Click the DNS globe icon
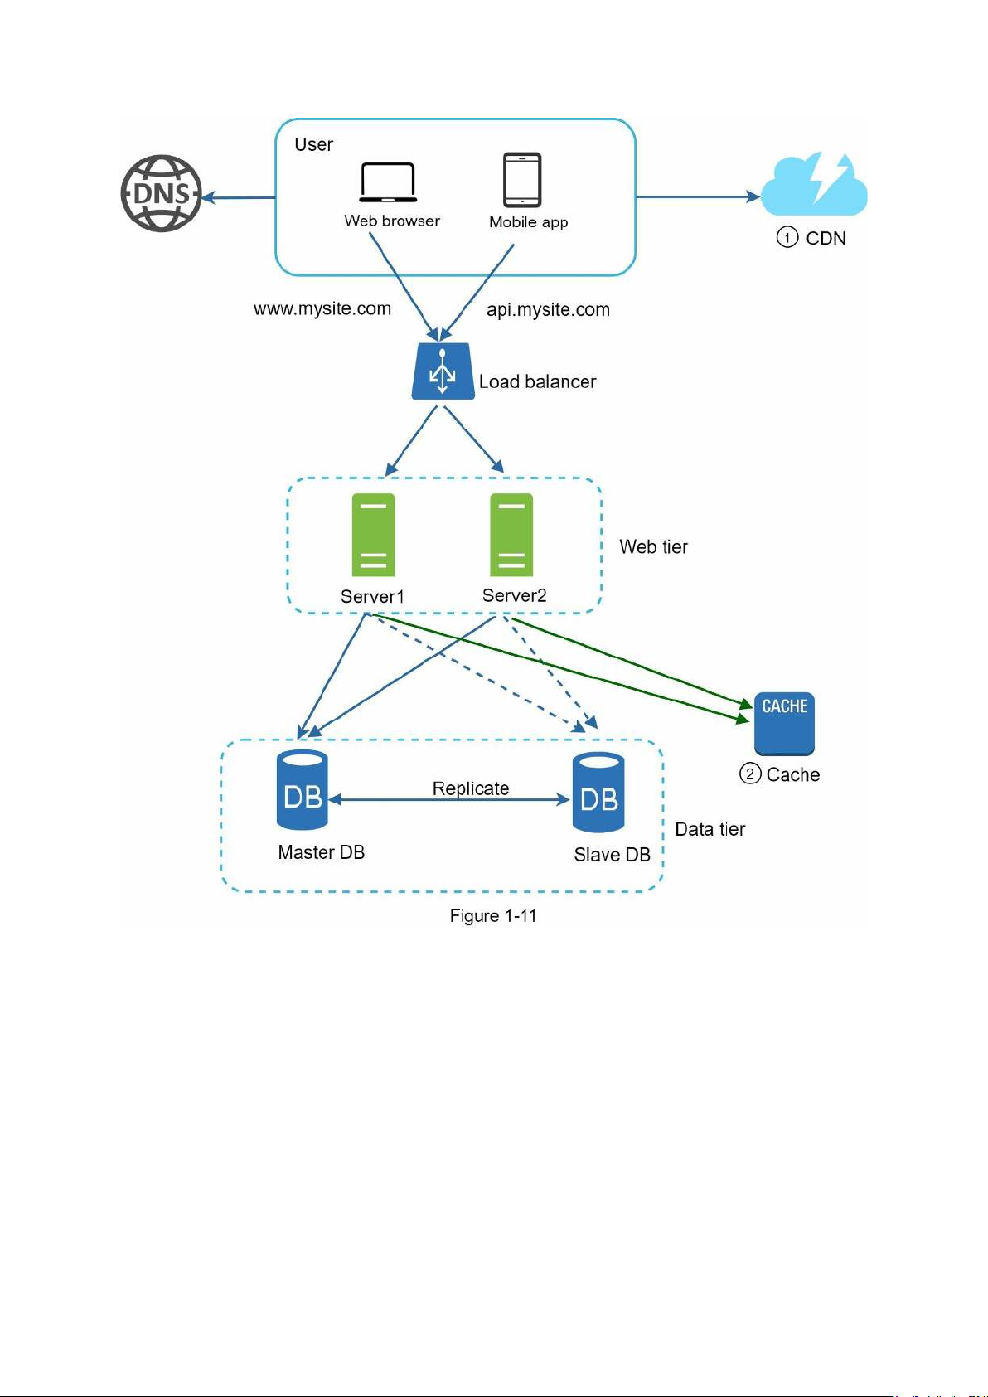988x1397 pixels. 162,193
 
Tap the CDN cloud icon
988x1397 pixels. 814,186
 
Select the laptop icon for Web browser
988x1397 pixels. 388,182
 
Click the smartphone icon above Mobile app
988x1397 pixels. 522,179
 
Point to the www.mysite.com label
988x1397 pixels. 322,308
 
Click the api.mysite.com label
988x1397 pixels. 548,309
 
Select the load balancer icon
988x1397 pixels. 443,372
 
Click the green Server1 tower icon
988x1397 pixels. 373,535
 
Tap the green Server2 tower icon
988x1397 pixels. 511,535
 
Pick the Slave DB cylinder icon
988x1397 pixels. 598,793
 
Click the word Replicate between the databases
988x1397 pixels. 471,788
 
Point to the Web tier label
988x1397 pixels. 653,546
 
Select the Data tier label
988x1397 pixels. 710,829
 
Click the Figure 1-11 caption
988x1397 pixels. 493,915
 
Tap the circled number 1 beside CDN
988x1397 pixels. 787,237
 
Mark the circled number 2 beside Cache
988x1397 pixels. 750,774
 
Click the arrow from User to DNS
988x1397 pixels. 240,197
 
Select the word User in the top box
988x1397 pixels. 313,144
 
